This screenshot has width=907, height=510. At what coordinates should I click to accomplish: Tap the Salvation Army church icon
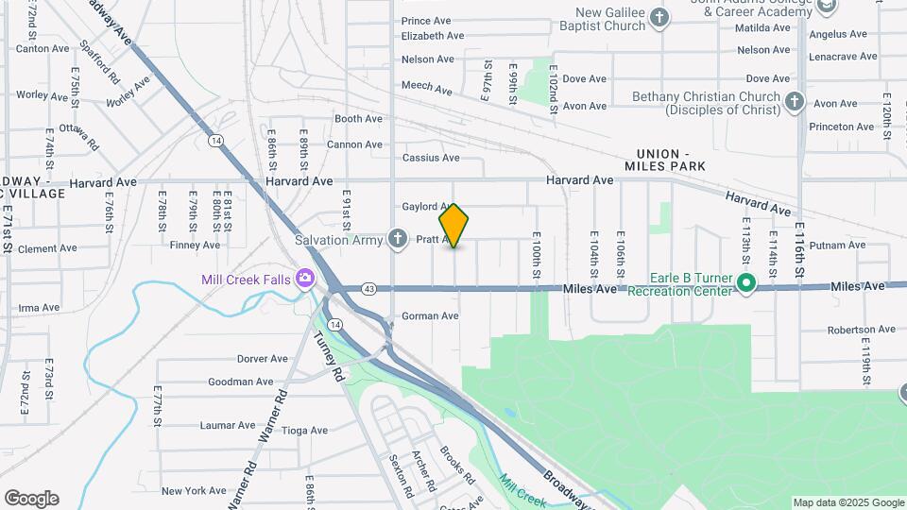399,239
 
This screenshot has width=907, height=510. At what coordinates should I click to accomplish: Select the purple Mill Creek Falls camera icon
304,279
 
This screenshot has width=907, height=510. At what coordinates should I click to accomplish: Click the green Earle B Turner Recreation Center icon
745,282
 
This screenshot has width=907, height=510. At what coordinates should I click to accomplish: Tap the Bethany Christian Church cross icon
795,100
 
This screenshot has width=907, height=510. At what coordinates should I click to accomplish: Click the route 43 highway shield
368,288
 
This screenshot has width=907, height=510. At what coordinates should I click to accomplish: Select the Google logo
31,499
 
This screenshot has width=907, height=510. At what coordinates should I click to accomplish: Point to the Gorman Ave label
430,316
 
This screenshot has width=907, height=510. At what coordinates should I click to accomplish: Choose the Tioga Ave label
304,431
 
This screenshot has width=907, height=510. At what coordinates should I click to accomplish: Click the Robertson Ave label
860,331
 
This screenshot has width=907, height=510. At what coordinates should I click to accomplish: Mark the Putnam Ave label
837,246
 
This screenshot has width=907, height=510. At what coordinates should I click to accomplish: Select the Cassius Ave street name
431,158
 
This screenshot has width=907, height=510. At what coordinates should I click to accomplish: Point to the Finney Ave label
195,246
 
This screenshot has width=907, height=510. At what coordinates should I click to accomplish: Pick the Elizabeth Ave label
433,36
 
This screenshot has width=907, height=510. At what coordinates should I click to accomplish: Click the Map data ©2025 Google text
847,502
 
